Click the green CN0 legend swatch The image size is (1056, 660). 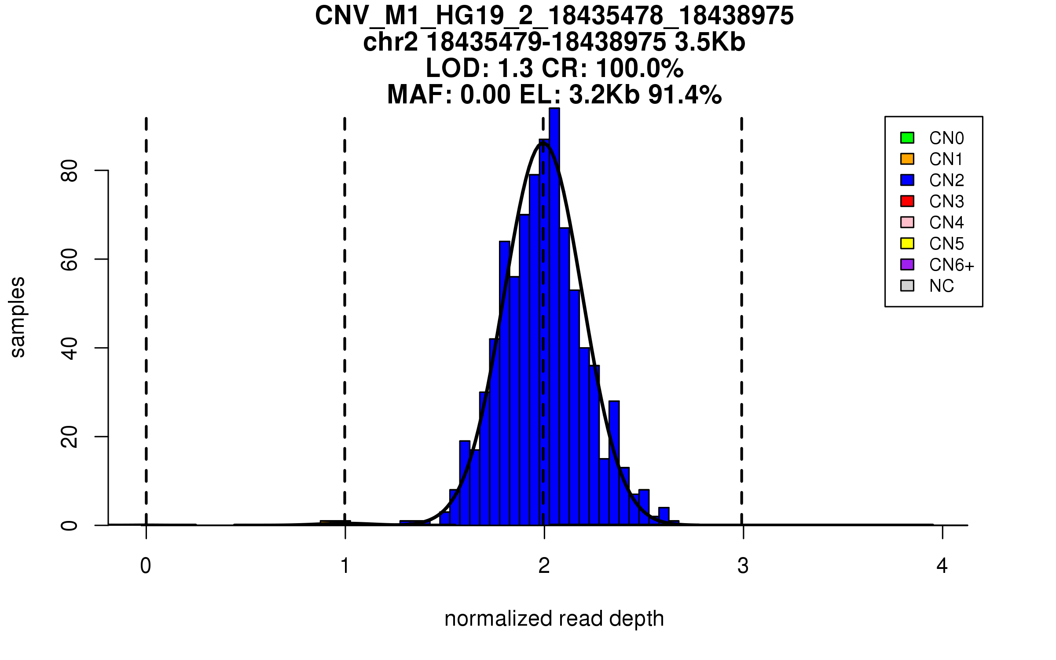[907, 138]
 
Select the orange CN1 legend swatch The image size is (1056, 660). [907, 159]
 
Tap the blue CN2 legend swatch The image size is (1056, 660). [907, 180]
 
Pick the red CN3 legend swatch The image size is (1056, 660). [907, 201]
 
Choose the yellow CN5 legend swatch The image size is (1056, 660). [907, 243]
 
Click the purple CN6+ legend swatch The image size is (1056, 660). [907, 264]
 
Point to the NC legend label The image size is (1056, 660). [941, 286]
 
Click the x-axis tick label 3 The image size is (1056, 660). [743, 566]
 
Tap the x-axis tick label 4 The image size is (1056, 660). [942, 566]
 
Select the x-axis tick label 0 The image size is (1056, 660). [146, 566]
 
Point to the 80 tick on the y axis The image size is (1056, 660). [70, 171]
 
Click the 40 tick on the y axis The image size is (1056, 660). [70, 348]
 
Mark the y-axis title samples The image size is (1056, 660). [18, 317]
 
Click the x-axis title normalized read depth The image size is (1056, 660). [554, 619]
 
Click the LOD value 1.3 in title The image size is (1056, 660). [515, 69]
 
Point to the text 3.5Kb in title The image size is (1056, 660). [710, 42]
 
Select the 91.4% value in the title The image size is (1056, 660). [685, 95]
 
